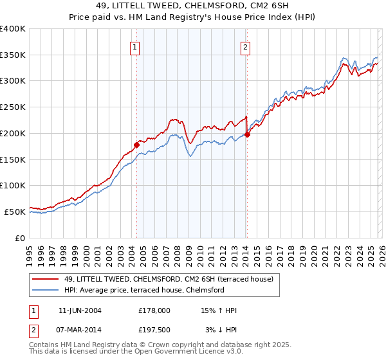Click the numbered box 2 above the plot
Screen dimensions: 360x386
click(x=246, y=46)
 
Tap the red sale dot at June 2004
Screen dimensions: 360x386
click(x=136, y=144)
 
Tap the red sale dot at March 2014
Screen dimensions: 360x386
click(x=247, y=134)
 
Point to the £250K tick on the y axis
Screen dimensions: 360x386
click(x=13, y=107)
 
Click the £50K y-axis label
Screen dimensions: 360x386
click(x=15, y=212)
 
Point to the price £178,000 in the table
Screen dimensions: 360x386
click(x=154, y=310)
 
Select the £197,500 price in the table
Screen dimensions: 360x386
click(x=154, y=330)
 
